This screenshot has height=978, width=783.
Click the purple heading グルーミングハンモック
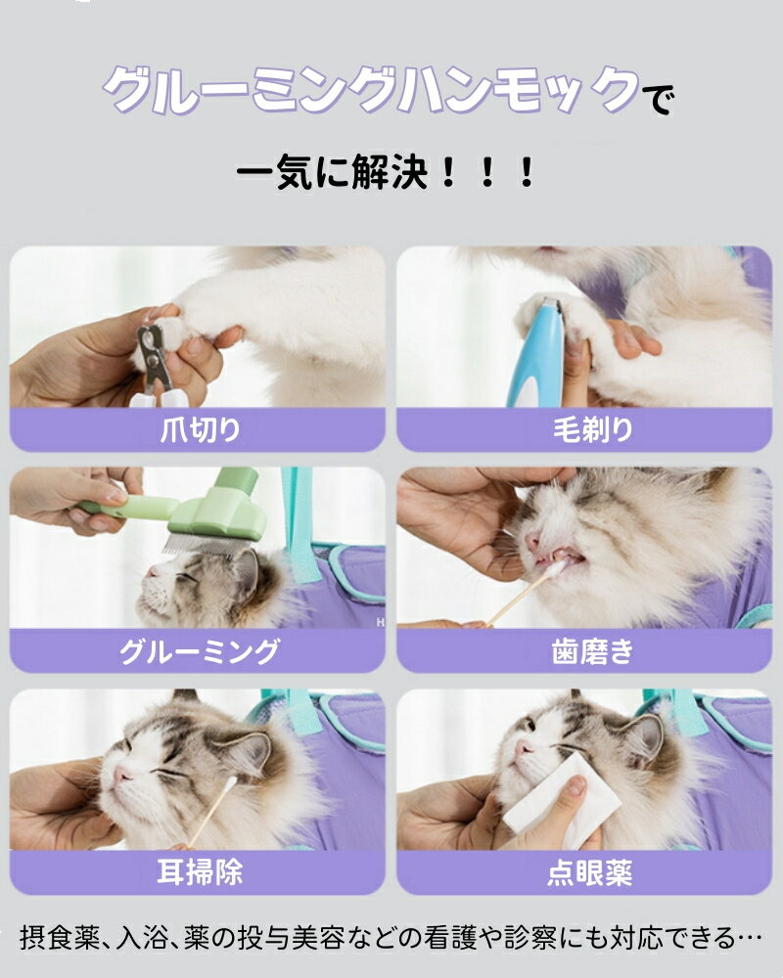(371, 91)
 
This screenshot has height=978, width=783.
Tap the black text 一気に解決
(332, 172)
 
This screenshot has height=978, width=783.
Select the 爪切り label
(200, 429)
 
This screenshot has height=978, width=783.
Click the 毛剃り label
(592, 429)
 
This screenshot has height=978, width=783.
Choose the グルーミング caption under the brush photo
(200, 651)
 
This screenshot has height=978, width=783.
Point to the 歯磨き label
(592, 651)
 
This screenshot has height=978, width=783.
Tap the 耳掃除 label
(200, 872)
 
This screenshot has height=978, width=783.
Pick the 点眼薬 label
(590, 872)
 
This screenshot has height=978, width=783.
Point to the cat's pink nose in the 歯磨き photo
(531, 540)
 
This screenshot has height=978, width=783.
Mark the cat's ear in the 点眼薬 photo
(642, 737)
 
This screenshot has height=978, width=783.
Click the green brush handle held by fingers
(128, 507)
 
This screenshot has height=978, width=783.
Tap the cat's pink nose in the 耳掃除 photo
(121, 776)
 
